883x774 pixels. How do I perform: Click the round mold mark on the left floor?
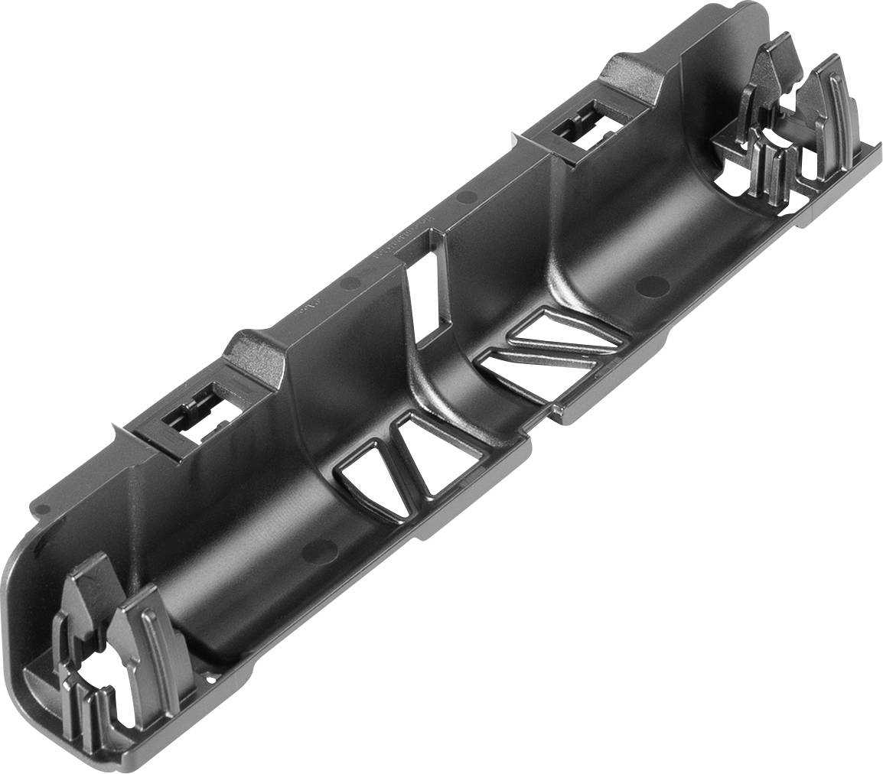point(320,548)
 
